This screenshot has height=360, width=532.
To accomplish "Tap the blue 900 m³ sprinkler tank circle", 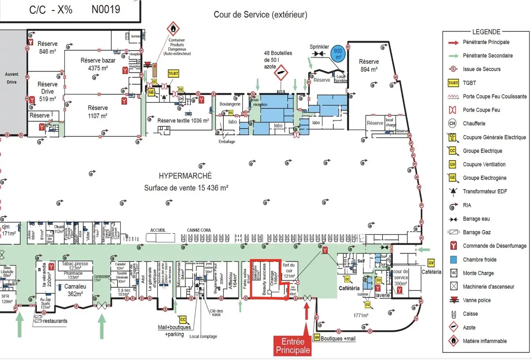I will click(338, 53).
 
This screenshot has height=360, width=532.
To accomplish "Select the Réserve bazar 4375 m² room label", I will click(98, 64).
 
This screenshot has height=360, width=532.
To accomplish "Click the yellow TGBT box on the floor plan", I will click(174, 73).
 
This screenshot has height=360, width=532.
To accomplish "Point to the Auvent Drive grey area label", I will click(11, 78).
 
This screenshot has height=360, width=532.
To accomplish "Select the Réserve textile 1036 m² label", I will click(183, 121).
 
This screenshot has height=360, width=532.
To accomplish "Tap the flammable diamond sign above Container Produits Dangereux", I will click(174, 29).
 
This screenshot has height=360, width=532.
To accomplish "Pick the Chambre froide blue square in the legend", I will click(453, 260).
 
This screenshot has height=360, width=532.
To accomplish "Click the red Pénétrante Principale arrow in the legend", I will click(453, 42).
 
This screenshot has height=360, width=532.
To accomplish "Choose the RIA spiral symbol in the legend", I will click(453, 205).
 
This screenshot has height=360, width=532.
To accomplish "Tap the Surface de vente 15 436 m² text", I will click(186, 188).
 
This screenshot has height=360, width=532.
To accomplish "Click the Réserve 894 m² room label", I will click(369, 65).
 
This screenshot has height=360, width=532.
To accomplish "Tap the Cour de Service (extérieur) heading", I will click(260, 15).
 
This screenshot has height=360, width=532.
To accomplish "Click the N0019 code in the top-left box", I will click(106, 9).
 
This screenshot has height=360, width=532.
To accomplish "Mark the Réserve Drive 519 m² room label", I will click(47, 92).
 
